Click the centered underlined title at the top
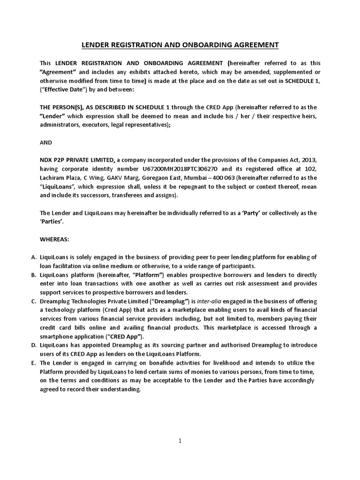(x=180, y=45)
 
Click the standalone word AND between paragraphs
(x=46, y=142)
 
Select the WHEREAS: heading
(x=54, y=239)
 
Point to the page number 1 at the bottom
(x=180, y=441)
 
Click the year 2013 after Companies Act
(x=310, y=160)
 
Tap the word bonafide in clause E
(x=151, y=363)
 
